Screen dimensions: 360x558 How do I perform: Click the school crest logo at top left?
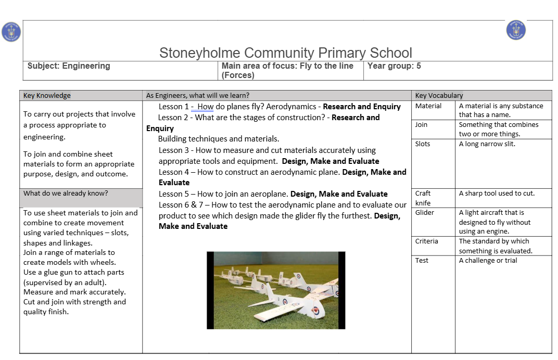11,32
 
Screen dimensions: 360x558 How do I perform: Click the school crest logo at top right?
515,30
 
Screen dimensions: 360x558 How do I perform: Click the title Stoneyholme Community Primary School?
285,53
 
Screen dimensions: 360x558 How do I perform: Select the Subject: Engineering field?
69,66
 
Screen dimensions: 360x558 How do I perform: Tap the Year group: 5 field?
394,66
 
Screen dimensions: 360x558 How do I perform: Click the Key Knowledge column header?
47,95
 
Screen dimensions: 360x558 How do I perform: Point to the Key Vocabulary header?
439,95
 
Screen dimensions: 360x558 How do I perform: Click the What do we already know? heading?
66,194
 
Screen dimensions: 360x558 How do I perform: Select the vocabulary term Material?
428,106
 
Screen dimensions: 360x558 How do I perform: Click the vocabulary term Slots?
423,144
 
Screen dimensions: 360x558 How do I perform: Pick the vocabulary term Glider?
425,213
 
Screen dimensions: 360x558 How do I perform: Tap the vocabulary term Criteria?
426,241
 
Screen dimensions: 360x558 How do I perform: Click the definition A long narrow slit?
487,144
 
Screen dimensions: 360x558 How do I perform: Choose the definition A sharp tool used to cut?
497,194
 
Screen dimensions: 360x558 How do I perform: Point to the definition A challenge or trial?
488,261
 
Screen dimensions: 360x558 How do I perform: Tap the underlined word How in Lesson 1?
206,107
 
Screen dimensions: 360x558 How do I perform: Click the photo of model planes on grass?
276,290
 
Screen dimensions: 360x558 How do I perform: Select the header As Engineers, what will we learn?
197,95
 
